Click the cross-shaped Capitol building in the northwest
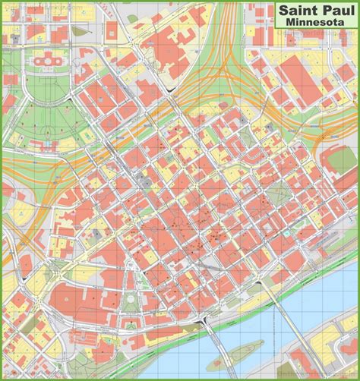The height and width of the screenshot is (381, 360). click(48, 58)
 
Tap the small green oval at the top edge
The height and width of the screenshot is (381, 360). click(132, 17)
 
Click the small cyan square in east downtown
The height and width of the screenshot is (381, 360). click(243, 121)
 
